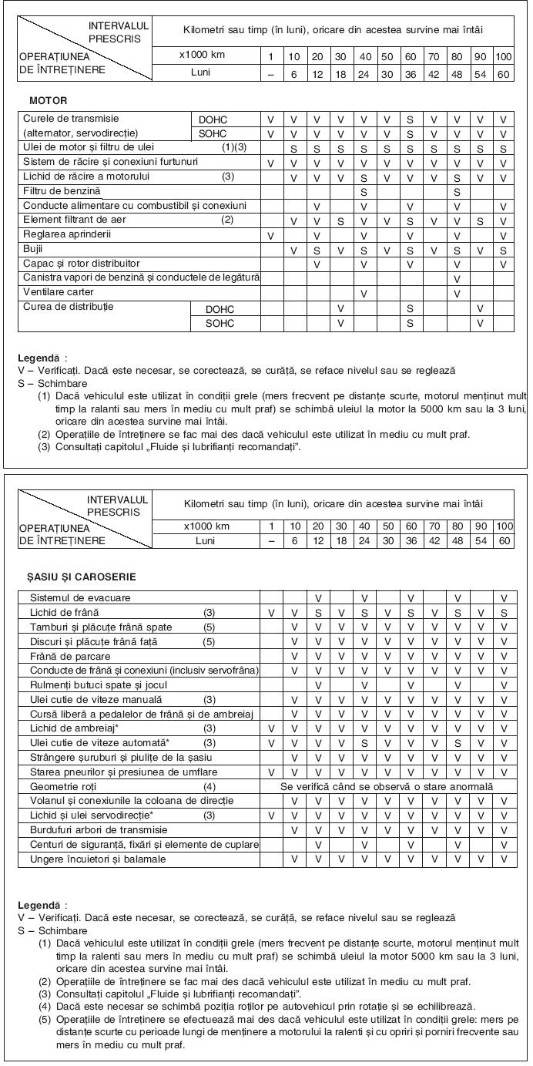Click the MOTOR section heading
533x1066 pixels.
tap(48, 101)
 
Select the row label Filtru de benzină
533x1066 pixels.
tap(62, 190)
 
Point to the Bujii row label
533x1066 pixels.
tap(35, 250)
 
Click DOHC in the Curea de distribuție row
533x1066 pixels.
tap(220, 309)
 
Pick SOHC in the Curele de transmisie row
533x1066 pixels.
tap(213, 134)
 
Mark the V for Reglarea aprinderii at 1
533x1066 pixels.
tap(270, 235)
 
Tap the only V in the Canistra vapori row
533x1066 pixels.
tap(458, 278)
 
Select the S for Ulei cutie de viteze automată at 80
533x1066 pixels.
tap(458, 743)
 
